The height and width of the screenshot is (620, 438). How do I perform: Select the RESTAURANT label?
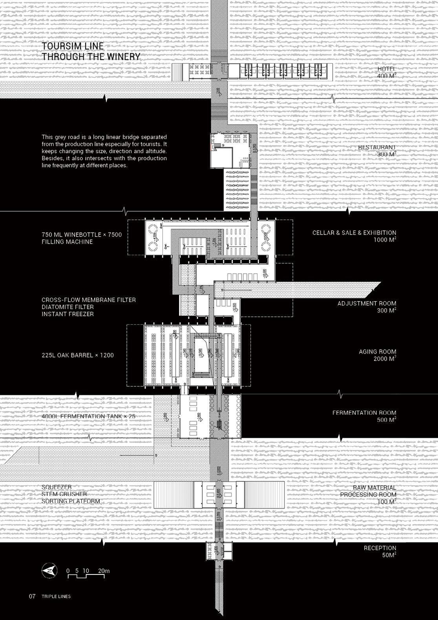point(377,147)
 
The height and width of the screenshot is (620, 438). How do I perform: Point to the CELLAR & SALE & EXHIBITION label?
point(354,233)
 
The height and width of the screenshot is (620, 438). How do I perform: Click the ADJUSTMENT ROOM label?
point(367,304)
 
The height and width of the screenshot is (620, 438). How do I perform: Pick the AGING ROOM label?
point(378,352)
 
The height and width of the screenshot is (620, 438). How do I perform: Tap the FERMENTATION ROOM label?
point(364,413)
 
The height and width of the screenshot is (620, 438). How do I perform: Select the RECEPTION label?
point(380,548)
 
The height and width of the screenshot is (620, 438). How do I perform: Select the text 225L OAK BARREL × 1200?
point(78,355)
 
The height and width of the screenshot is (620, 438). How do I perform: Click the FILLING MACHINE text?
point(67,242)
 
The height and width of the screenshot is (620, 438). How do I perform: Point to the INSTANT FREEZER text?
point(68,314)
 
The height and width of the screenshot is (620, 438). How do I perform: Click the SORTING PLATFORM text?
point(71,501)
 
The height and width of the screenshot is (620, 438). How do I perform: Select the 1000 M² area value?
point(385,240)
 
